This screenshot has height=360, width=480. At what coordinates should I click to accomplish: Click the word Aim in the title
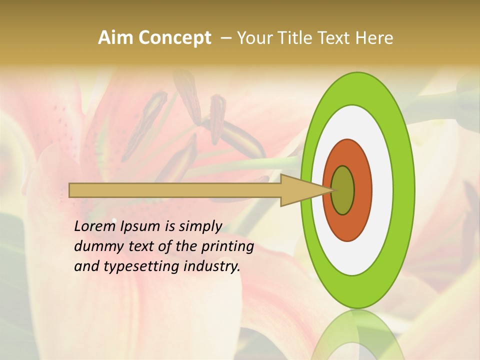(116, 37)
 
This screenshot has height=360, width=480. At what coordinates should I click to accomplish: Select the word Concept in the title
(175, 38)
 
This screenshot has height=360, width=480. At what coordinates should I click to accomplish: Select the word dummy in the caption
(94, 246)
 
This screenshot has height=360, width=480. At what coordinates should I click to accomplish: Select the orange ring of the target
(362, 190)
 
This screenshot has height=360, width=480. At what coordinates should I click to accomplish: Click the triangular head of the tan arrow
(300, 190)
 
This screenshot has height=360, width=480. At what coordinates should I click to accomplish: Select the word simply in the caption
(200, 227)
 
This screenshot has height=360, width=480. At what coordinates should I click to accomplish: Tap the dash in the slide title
(225, 37)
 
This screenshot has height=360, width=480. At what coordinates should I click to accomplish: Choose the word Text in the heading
(334, 37)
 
